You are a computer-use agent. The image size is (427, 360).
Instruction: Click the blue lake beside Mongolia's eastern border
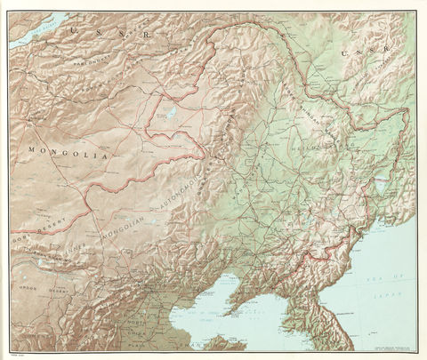point(165,113)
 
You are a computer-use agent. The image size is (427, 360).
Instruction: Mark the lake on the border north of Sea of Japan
point(381,188)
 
